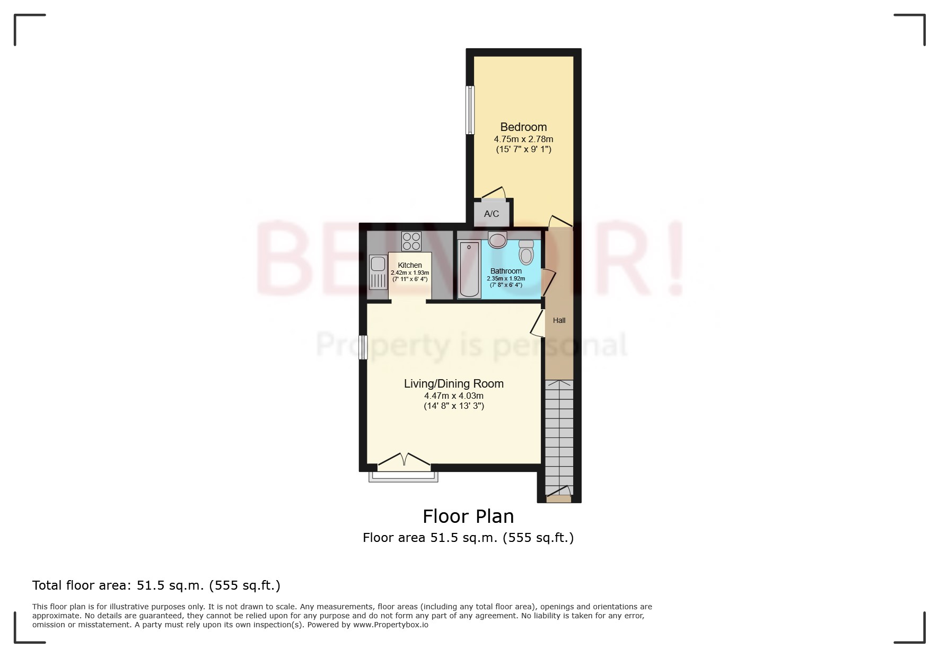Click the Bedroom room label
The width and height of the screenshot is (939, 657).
(523, 127)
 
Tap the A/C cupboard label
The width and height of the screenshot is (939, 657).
(492, 214)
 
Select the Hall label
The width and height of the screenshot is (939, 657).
(559, 320)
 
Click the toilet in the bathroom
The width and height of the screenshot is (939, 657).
(526, 252)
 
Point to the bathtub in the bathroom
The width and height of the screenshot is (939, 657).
(469, 269)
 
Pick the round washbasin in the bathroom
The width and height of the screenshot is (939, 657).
(497, 240)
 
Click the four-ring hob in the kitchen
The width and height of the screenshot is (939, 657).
(411, 241)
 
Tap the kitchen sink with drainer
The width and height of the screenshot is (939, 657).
(378, 271)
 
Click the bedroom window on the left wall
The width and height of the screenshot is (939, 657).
(470, 110)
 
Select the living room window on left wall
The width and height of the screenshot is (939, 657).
(363, 347)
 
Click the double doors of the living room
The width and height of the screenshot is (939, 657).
(404, 462)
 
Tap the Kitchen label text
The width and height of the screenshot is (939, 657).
(410, 265)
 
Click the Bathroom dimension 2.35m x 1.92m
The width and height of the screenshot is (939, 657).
(506, 278)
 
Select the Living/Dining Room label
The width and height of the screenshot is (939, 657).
(453, 383)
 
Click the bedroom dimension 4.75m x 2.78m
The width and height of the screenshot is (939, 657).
(523, 139)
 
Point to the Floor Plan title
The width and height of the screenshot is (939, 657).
(468, 516)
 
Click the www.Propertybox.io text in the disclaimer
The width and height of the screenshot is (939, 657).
(391, 625)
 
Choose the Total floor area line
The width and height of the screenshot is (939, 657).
(156, 585)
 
